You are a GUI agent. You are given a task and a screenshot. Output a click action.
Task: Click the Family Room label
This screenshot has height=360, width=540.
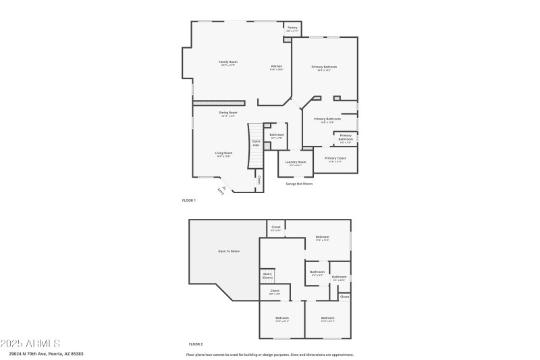(x=228, y=62)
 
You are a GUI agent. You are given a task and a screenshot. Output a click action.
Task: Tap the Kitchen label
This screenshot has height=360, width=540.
(x=277, y=66)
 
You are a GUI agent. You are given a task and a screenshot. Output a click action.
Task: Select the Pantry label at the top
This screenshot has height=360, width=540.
(x=292, y=28)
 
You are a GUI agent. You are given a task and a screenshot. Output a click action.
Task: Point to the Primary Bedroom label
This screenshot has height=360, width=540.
(x=324, y=67)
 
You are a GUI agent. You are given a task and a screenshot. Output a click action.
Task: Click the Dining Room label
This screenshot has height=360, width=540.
(x=227, y=113)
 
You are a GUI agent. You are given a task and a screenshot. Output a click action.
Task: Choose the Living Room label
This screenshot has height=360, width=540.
(x=224, y=153)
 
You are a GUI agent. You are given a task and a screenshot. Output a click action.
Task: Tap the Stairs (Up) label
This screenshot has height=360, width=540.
(x=256, y=143)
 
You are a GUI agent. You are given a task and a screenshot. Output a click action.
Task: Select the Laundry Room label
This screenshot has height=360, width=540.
(x=296, y=162)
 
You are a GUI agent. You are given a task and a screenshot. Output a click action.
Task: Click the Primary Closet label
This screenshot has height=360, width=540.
(x=335, y=159)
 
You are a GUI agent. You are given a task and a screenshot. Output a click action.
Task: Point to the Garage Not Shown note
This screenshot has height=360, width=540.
(x=299, y=183)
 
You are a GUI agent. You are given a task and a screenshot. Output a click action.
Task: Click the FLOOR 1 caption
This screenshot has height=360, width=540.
(x=189, y=201)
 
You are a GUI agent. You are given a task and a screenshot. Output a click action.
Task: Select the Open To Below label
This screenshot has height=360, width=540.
(x=228, y=251)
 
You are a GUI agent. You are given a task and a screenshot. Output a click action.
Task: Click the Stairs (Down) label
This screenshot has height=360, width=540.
(x=267, y=276)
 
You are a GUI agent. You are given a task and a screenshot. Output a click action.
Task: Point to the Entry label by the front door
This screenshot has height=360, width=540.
(x=220, y=191)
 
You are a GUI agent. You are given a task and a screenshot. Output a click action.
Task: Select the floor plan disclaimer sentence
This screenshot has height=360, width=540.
(x=270, y=354)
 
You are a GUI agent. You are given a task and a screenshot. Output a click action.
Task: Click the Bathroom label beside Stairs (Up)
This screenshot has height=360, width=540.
(x=277, y=135)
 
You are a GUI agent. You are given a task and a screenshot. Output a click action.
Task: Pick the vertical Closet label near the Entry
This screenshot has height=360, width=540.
(x=259, y=179)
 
